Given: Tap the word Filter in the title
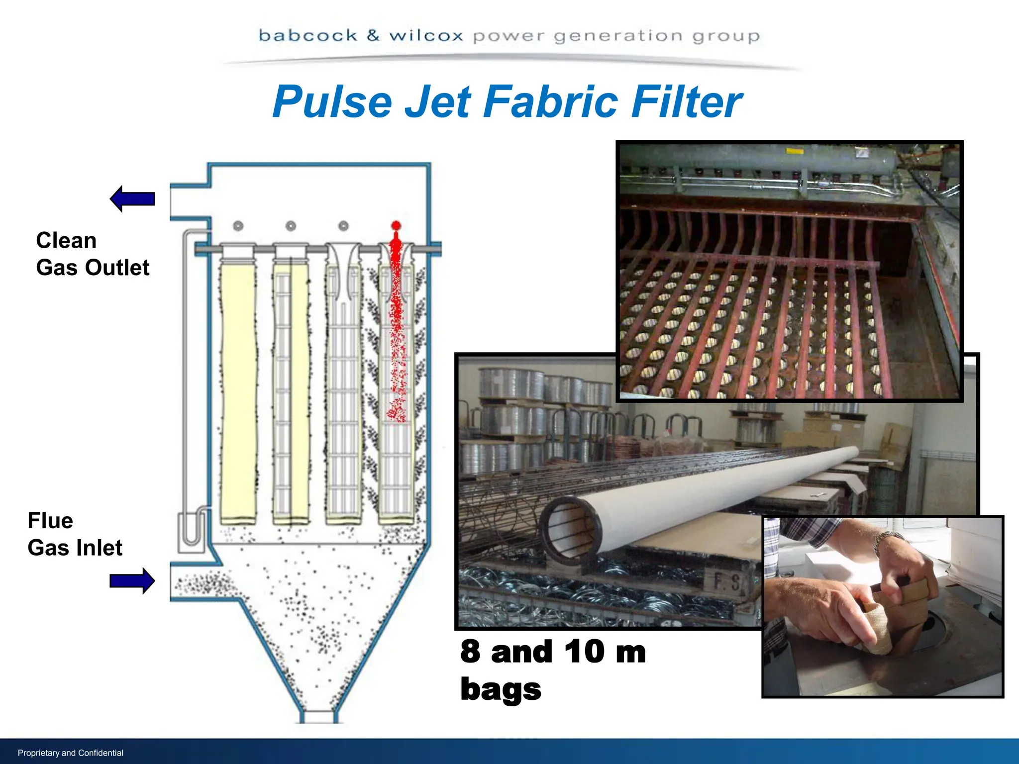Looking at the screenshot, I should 687,102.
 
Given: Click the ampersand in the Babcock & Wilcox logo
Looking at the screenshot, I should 373,35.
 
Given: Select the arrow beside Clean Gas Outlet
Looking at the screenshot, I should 132,199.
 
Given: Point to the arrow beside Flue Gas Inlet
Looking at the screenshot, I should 132,580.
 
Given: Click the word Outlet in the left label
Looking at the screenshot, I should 117,268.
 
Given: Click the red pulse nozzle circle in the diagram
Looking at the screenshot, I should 396,225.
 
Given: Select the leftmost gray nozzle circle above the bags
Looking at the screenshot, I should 238,226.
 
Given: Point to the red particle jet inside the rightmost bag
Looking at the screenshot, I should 397,323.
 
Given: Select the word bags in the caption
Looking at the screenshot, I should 501,689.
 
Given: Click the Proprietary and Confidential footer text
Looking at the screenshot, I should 71,753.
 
